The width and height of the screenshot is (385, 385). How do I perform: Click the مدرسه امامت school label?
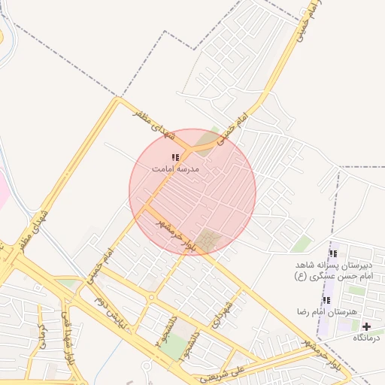pos(175,169)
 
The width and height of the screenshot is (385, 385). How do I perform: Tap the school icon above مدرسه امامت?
pos(175,158)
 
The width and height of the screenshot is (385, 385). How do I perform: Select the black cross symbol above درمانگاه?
pos(366,326)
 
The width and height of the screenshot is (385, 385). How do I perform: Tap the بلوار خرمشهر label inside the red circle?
pos(176,235)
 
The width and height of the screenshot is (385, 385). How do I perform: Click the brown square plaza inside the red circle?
pos(211,241)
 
